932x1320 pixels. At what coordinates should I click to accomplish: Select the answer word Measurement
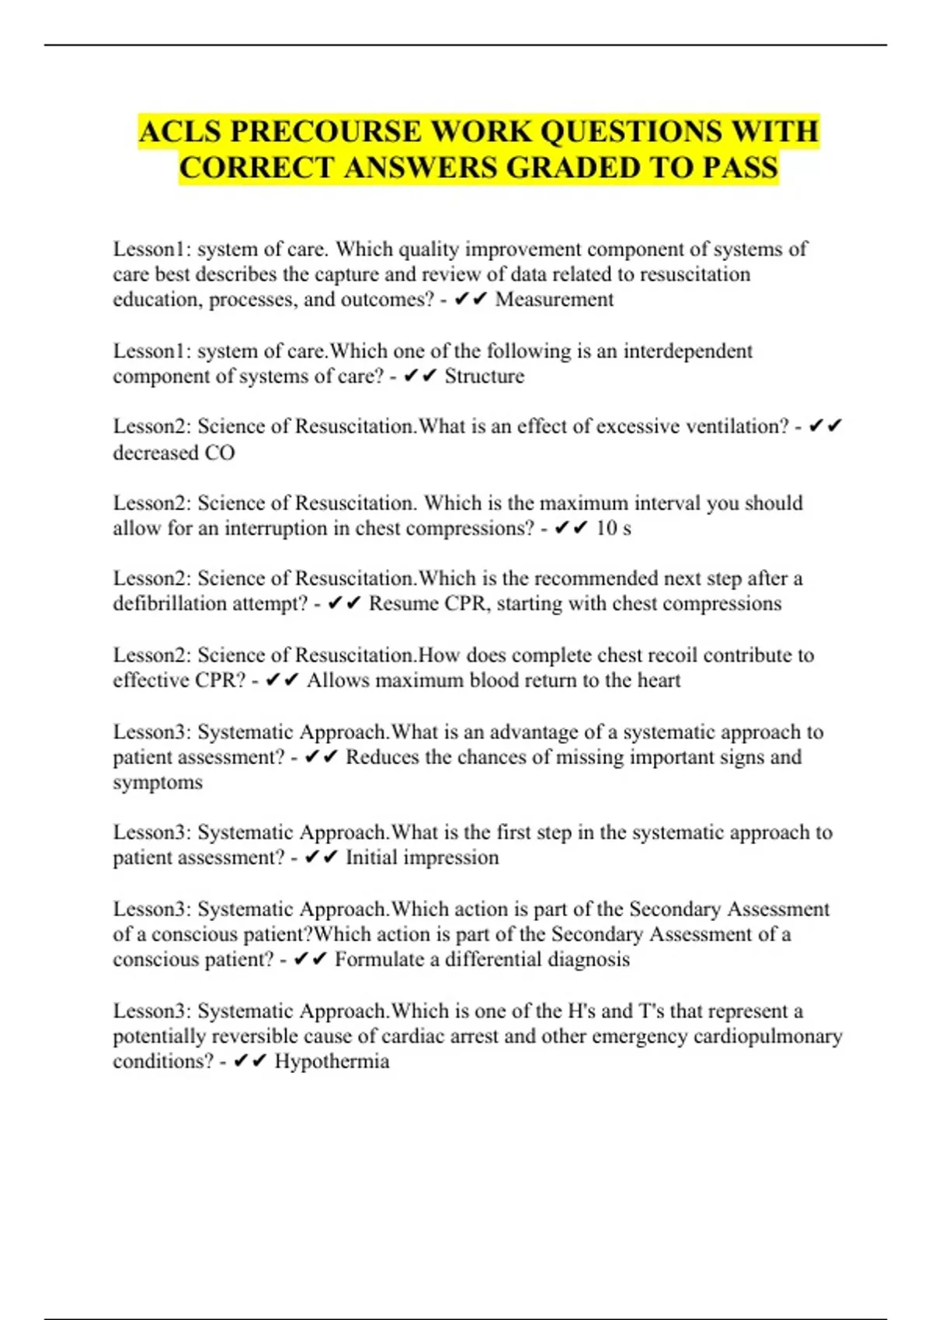click(555, 300)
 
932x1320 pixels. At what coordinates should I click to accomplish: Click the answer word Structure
click(484, 377)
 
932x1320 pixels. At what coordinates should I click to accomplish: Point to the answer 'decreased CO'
click(174, 453)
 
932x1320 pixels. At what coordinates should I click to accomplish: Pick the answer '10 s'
click(613, 529)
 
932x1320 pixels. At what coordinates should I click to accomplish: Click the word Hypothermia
click(332, 1061)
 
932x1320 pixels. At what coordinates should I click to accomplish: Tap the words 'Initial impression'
click(422, 858)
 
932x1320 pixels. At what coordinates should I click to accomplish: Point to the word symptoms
click(158, 783)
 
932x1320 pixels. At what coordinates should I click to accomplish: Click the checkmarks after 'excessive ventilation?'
click(825, 426)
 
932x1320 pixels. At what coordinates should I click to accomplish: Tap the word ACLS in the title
click(180, 131)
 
